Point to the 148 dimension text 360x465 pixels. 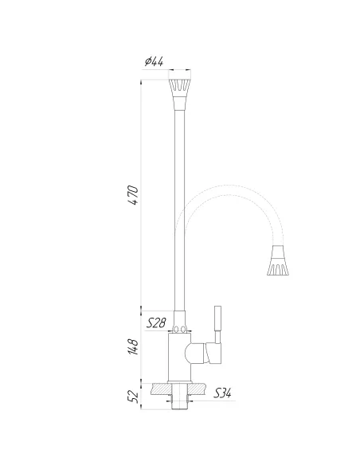(133, 347)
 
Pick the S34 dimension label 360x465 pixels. (225, 393)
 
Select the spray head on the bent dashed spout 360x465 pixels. (277, 264)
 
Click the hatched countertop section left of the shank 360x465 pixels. (160, 389)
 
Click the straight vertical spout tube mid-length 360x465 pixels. (179, 207)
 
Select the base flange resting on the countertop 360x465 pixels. (181, 381)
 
